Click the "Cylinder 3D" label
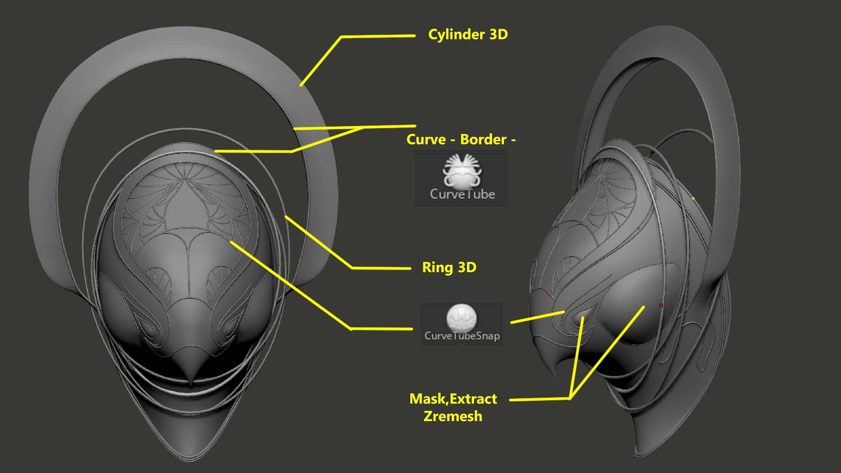pyautogui.click(x=468, y=34)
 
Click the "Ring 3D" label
pyautogui.click(x=449, y=267)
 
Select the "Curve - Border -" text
pyautogui.click(x=461, y=140)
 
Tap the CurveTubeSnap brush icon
pyautogui.click(x=461, y=317)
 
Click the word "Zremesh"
pyautogui.click(x=453, y=416)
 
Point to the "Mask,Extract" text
pyautogui.click(x=453, y=399)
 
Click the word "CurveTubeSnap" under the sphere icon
pyautogui.click(x=462, y=336)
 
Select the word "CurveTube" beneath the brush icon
pyautogui.click(x=462, y=194)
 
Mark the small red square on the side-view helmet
pyautogui.click(x=661, y=305)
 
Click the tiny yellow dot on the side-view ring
pyautogui.click(x=693, y=198)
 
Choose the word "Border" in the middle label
pyautogui.click(x=483, y=140)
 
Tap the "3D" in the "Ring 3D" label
pyautogui.click(x=467, y=267)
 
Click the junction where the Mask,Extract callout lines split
pyautogui.click(x=570, y=399)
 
